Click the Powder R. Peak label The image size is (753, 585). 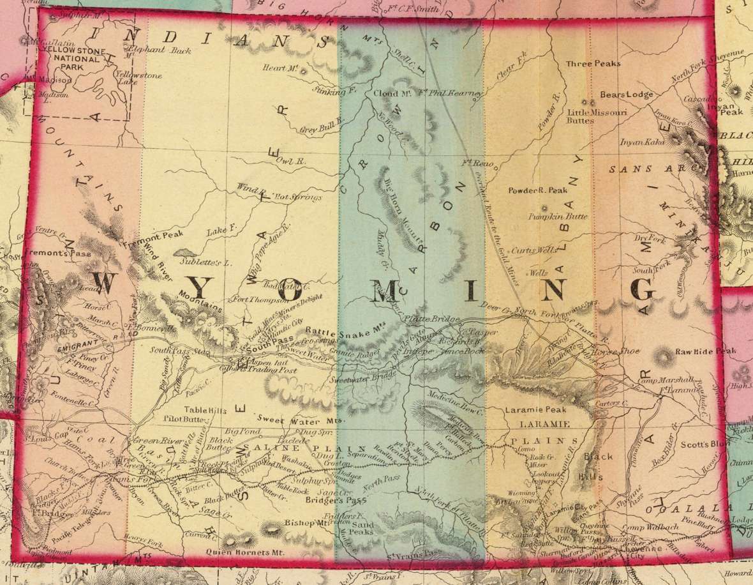coord(538,190)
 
